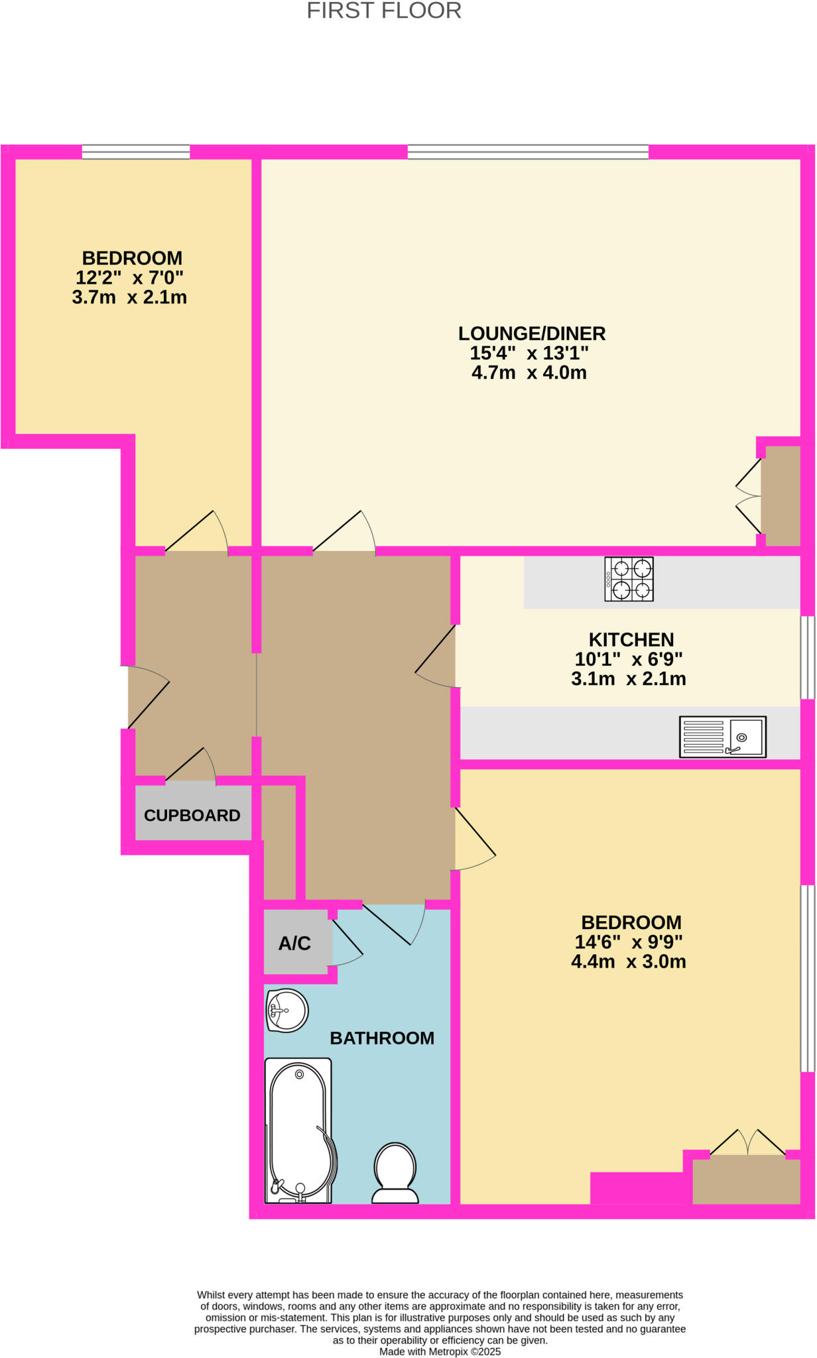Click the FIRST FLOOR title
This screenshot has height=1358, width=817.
(384, 11)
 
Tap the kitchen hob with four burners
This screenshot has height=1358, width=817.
(629, 579)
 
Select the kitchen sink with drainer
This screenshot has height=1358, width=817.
(722, 737)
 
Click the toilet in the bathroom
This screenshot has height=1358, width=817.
(395, 1173)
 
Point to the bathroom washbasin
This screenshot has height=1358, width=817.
(287, 1011)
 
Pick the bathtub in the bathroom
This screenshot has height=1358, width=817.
(300, 1131)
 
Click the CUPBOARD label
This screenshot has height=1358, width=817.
(192, 816)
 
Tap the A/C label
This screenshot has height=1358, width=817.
(294, 944)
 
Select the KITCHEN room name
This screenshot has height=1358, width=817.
(631, 640)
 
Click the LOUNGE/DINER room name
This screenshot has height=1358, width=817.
(532, 334)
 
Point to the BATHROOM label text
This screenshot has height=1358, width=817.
(382, 1038)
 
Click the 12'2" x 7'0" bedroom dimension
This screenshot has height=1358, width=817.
(129, 278)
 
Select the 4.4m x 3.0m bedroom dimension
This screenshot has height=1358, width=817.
(629, 962)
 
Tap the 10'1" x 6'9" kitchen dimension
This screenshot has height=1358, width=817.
(629, 660)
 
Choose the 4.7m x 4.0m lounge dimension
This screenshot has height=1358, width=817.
(529, 373)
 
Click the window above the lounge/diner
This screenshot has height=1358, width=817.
(528, 152)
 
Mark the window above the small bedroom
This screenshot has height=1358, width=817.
(136, 152)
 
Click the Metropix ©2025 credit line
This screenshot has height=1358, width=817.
(440, 1351)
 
